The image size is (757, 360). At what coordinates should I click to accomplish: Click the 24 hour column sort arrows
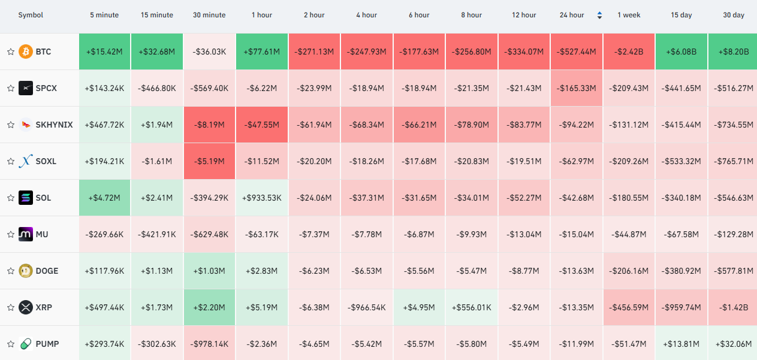point(599,15)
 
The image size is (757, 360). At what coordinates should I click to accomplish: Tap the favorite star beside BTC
point(11,52)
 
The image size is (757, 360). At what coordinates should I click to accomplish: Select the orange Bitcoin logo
point(26,52)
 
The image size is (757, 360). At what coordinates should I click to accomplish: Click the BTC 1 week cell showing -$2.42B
point(629,52)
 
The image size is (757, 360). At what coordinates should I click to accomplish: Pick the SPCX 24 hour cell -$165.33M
point(577,88)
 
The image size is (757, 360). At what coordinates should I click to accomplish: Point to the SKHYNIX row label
point(55,125)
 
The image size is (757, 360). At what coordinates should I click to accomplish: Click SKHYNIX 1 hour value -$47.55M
point(262,125)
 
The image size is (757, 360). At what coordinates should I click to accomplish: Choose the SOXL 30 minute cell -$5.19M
point(210,161)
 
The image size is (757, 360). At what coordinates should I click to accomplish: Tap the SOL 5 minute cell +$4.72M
point(104,198)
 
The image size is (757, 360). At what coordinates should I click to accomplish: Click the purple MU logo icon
point(26,234)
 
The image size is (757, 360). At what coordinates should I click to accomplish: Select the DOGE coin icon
point(26,271)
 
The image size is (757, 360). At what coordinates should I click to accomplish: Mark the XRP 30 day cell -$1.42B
point(732,307)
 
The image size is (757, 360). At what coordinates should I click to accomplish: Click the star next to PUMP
point(11,344)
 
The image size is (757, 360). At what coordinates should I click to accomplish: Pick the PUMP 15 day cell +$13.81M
point(681,344)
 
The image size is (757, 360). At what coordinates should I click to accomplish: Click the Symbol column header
point(31,15)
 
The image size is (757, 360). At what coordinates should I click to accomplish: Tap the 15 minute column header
point(157,15)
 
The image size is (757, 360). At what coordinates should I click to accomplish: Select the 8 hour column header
point(472,15)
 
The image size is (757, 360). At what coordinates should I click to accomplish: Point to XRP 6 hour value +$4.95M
point(419,307)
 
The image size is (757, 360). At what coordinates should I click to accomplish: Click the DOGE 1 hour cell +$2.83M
point(262,271)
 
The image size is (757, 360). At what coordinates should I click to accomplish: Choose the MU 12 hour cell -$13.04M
point(524,234)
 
